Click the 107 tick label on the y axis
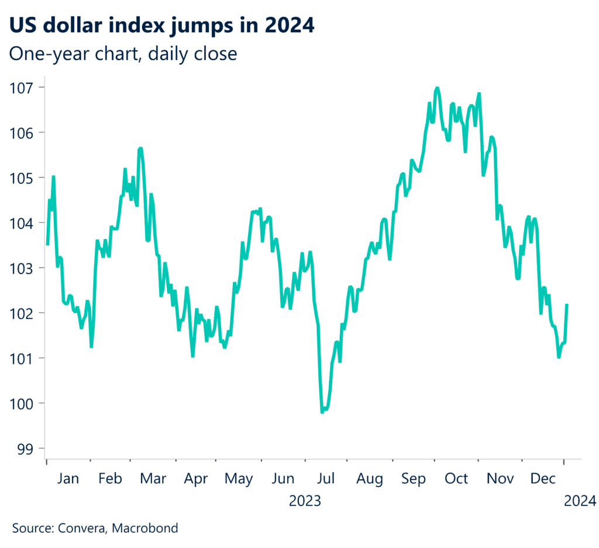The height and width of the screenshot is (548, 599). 21,88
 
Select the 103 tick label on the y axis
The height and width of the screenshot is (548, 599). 21,268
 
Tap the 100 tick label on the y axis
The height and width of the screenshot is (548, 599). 21,404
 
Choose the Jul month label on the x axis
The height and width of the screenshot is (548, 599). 325,479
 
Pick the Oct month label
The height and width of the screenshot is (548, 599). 456,479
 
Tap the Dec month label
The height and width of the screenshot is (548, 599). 542,479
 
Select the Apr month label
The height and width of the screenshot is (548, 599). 196,479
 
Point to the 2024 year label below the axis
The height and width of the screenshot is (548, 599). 580,501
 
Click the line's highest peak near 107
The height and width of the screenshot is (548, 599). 437,88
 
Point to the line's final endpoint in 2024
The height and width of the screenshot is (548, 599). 567,304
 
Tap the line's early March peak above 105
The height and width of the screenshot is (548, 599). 140,148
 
